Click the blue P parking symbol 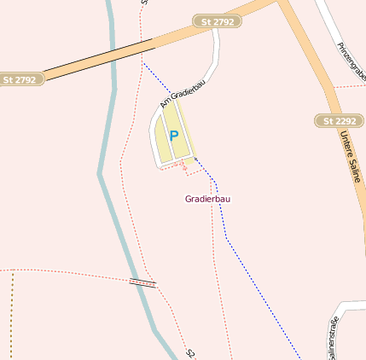tap(174, 136)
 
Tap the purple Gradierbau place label tap(207, 199)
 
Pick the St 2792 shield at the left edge tap(20, 79)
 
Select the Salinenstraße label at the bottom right tap(331, 340)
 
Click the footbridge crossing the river tap(142, 282)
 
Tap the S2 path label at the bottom tap(190, 351)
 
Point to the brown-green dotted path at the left tap(12, 316)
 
